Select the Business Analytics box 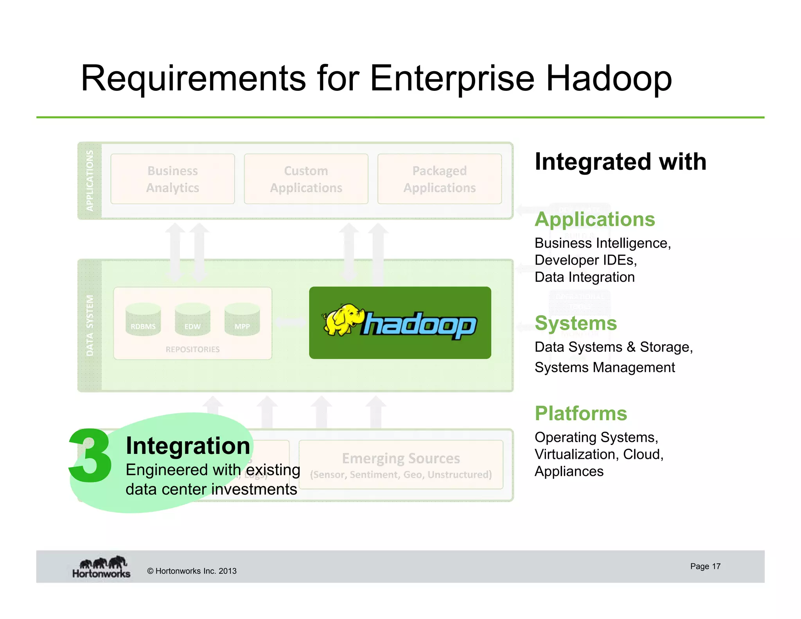pos(172,179)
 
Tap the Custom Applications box pos(306,179)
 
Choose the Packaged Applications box pos(439,179)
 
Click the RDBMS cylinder pos(143,320)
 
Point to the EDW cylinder pos(192,320)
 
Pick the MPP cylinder pos(242,320)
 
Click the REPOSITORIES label pos(192,349)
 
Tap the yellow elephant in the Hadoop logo pos(342,320)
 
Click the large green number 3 pos(90,456)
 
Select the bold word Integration pos(188,446)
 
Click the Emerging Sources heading pos(401,459)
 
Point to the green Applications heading pos(594,220)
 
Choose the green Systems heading pos(576,324)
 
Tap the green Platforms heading pos(581,414)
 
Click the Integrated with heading pos(620,162)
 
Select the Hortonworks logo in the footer pos(101,567)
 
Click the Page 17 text pos(705,567)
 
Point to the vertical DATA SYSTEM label pos(90,326)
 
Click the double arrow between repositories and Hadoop pos(290,322)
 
